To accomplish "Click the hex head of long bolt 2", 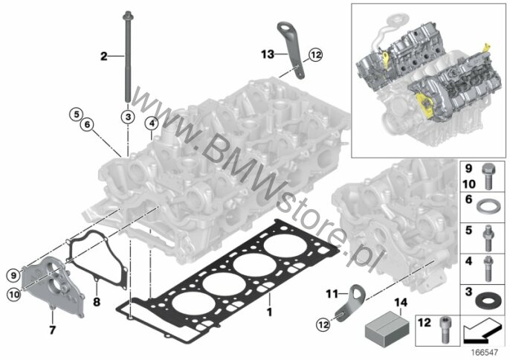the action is coord(128,16).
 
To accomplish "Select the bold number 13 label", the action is coord(268,54).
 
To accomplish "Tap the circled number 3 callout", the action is coord(128,117).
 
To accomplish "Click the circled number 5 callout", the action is coord(76,115).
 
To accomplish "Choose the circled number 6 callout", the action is coord(87,124).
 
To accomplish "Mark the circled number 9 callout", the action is coord(13,276).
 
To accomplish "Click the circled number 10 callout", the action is coord(14,295).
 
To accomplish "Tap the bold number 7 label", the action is coord(52,330).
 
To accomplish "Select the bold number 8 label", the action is coord(97,302).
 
